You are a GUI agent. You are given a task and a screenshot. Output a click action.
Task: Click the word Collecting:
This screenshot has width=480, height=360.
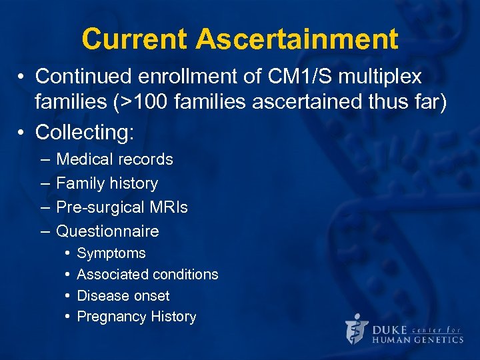pyautogui.click(x=85, y=132)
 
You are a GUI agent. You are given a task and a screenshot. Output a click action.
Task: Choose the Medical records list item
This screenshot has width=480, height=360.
pyautogui.click(x=115, y=159)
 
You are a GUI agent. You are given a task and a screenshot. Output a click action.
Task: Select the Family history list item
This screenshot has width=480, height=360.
pyautogui.click(x=107, y=183)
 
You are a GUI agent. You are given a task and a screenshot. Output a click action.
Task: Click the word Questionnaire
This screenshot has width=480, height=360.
pyautogui.click(x=107, y=231)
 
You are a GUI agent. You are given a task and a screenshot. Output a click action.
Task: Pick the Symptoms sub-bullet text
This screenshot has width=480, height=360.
pyautogui.click(x=111, y=253)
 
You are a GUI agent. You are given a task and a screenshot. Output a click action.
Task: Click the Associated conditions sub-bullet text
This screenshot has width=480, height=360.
pyautogui.click(x=147, y=275)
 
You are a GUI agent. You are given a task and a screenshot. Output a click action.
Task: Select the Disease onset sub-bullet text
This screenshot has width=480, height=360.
pyautogui.click(x=123, y=296)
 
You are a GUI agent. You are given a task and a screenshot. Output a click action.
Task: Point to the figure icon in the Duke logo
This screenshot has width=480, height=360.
pyautogui.click(x=357, y=329)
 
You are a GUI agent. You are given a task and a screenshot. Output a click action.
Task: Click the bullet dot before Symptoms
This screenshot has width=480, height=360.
pyautogui.click(x=68, y=253)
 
